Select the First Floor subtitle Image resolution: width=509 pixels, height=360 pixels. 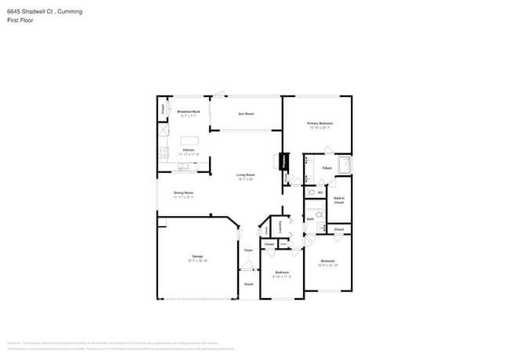click(20, 20)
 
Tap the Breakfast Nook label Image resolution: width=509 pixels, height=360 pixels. click(189, 112)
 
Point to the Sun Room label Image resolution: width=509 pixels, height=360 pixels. click(246, 113)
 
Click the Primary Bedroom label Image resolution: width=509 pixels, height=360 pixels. click(318, 124)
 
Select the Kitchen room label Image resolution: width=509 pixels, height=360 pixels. click(189, 150)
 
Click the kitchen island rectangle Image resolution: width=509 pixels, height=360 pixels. click(190, 140)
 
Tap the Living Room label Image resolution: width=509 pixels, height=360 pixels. click(246, 175)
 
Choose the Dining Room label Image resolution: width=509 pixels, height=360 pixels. click(183, 193)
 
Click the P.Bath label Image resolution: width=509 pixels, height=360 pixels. click(327, 168)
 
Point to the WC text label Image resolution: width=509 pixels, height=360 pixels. click(319, 191)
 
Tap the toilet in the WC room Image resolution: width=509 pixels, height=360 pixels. click(311, 191)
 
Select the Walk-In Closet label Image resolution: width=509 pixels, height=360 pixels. click(339, 200)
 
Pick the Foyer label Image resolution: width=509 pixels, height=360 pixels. click(247, 250)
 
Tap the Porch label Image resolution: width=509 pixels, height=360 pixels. click(248, 284)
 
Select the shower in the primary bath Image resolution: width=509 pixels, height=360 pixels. click(344, 165)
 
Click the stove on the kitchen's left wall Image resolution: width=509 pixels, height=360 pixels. click(163, 152)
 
